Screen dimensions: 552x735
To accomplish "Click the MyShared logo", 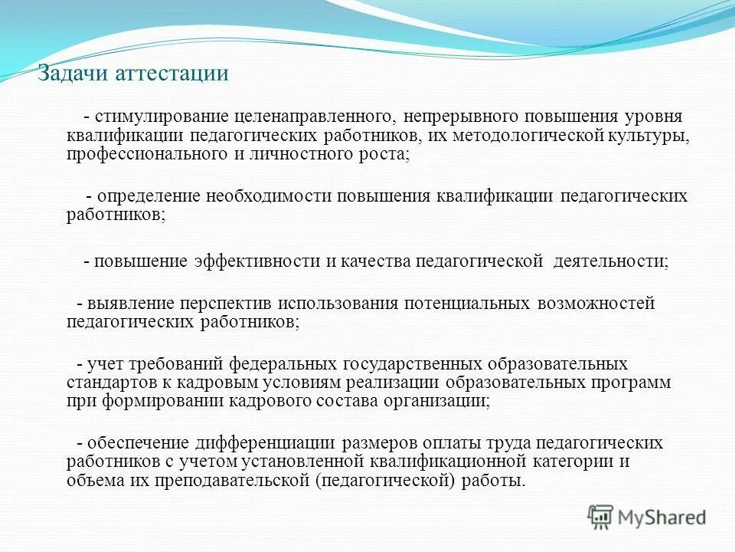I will point(648,517).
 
